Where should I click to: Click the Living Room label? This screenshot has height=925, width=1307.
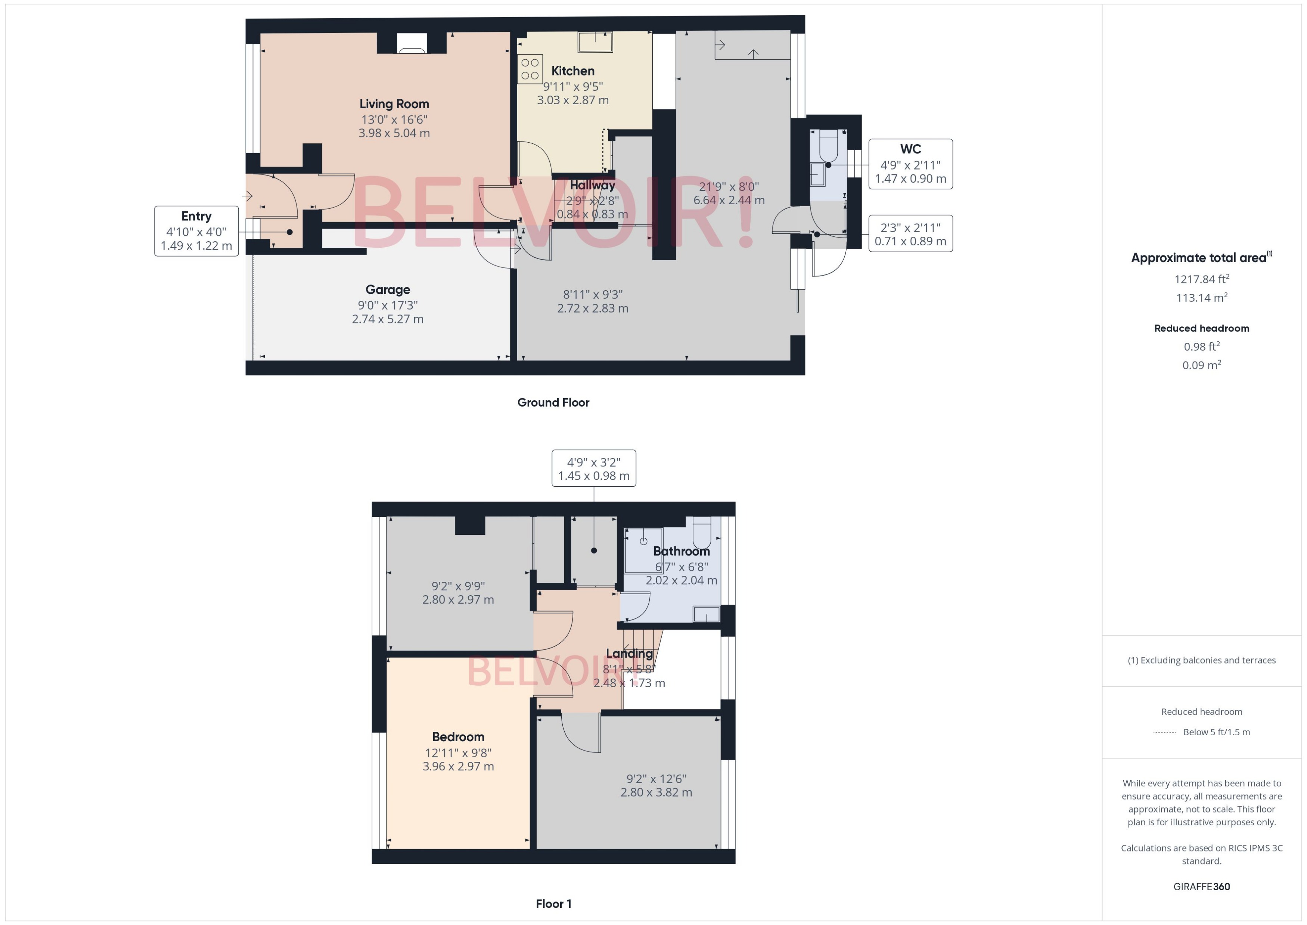click(394, 104)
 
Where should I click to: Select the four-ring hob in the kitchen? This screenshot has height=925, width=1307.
click(530, 69)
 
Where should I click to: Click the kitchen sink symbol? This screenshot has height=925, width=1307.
click(595, 41)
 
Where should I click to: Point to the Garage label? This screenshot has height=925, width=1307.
click(388, 290)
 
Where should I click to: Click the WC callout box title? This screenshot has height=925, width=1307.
click(910, 149)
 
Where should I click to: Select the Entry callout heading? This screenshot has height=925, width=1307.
click(196, 217)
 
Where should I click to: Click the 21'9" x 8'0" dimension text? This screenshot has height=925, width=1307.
click(729, 187)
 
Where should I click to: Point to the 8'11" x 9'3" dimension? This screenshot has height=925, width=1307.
click(593, 295)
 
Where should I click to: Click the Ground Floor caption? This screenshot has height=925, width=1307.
click(553, 403)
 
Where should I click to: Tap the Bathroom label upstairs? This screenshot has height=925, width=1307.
click(681, 551)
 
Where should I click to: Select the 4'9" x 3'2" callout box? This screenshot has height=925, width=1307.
click(593, 469)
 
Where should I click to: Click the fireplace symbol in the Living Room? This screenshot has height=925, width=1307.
click(411, 44)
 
